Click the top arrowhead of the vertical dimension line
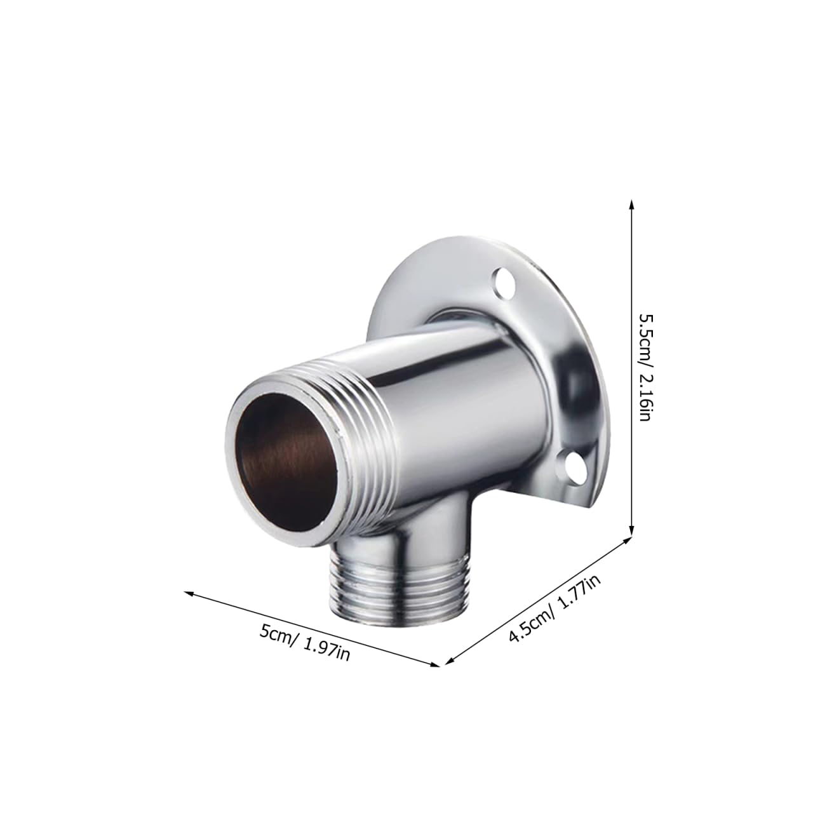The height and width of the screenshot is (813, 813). (x=631, y=205)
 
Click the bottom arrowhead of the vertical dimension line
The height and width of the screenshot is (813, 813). (x=631, y=531)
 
